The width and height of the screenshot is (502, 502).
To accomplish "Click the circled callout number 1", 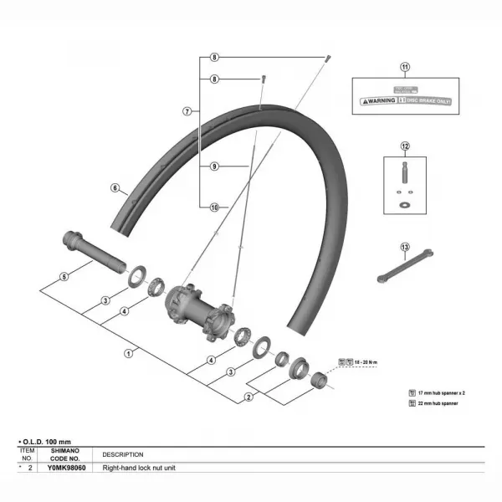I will coord(129,353).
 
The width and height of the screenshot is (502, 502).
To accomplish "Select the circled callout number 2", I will coord(249,397).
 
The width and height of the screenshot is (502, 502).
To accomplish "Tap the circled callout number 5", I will coord(63,276).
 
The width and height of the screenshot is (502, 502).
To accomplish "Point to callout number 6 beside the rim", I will coord(115,187).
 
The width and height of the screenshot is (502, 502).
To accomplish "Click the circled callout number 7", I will coord(187,110).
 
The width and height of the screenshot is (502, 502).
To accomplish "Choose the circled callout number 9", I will coord(214,166).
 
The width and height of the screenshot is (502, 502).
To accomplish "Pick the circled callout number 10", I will coord(214,207).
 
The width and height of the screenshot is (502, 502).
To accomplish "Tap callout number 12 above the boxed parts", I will coord(405,146).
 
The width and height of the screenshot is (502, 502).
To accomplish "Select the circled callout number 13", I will coord(405,247).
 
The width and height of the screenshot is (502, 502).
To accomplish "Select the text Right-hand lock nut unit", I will coord(138,469).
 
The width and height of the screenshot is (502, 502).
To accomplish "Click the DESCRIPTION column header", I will coord(123,454).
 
